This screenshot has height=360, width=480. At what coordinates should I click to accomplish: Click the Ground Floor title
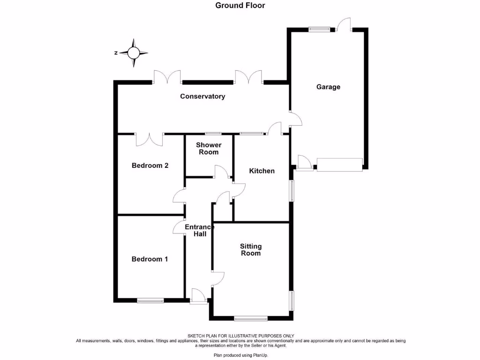pyautogui.click(x=240, y=6)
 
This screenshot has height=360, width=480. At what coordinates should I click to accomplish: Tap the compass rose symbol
pyautogui.click(x=134, y=53)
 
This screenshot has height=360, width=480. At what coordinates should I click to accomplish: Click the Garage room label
pyautogui.click(x=328, y=87)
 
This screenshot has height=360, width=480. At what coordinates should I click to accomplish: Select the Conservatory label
pyautogui.click(x=202, y=97)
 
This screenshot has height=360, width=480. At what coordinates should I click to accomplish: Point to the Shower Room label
pyautogui.click(x=209, y=149)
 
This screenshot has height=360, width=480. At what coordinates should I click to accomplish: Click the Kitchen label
pyautogui.click(x=262, y=171)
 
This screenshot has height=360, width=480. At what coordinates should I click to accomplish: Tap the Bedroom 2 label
pyautogui.click(x=150, y=165)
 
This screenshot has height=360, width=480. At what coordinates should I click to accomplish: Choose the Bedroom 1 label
pyautogui.click(x=150, y=259)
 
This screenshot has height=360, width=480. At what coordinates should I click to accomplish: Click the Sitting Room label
pyautogui.click(x=251, y=250)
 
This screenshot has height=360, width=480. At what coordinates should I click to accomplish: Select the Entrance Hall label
pyautogui.click(x=199, y=230)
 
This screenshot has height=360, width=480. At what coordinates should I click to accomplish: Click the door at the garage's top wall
pyautogui.click(x=344, y=25)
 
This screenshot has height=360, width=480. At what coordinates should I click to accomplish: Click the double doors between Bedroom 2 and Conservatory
pyautogui.click(x=150, y=138)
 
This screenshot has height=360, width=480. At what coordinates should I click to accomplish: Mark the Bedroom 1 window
pyautogui.click(x=150, y=300)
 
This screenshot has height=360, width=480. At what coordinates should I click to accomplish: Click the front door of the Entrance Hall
pyautogui.click(x=198, y=297)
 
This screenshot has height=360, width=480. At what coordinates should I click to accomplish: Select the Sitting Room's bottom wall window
pyautogui.click(x=251, y=319)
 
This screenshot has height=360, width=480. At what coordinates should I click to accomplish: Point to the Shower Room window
pyautogui.click(x=213, y=134)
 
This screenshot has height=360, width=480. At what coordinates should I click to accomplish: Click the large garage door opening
pyautogui.click(x=340, y=165)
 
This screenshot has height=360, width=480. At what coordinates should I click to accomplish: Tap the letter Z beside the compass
pyautogui.click(x=115, y=53)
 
